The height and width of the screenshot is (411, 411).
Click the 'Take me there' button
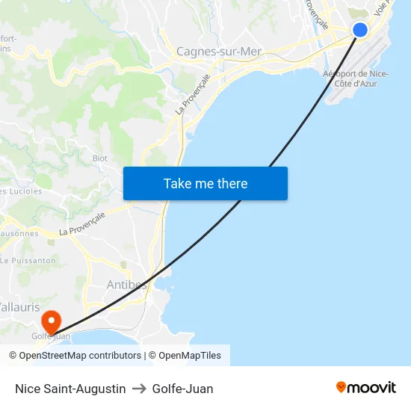pos(205,184)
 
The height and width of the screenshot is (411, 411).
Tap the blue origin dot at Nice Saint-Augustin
pos(360,30)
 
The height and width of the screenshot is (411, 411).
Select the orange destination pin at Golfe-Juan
pos(51,322)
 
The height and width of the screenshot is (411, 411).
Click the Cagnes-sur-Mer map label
pos(218,52)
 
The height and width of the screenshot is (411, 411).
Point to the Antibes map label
pos(126,285)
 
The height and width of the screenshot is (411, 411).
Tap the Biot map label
pos(99,158)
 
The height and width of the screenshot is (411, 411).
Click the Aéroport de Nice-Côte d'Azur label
pos(356,78)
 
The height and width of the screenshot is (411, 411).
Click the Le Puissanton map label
pos(28,261)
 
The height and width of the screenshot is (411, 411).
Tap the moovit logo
pos(366,388)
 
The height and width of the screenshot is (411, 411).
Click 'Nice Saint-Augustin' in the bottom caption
pos(70,389)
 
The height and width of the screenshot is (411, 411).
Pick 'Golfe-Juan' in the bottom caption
pos(182,389)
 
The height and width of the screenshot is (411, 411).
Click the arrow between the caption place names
pos(139,389)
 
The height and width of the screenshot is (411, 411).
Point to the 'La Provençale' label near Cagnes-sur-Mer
pos(192,94)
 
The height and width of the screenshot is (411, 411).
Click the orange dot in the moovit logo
pos(342,387)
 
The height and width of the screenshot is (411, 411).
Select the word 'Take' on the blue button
pos(176,184)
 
